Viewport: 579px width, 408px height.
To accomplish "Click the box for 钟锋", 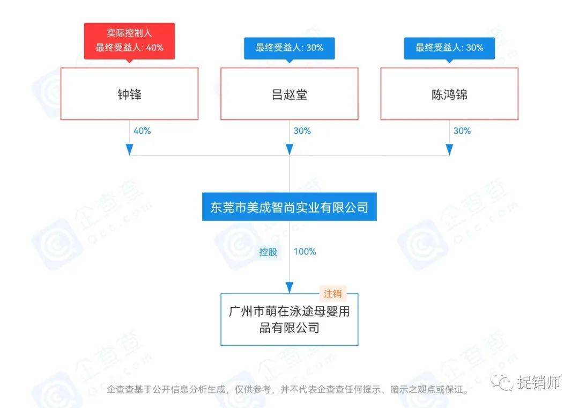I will (x=129, y=94).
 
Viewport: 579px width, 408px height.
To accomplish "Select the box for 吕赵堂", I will (x=289, y=94).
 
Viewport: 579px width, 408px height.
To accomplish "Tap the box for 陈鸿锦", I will (x=449, y=94).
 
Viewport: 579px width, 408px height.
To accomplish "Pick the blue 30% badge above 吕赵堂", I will (x=289, y=48).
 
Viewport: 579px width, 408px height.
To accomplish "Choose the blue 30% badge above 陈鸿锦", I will (x=449, y=48).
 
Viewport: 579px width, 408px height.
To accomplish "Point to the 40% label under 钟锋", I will (x=142, y=131).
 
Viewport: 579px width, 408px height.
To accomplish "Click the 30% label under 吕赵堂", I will (x=302, y=131).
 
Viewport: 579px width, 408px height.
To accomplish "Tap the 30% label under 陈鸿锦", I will (x=462, y=131).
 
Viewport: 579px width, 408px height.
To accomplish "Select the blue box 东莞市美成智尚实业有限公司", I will (x=289, y=207).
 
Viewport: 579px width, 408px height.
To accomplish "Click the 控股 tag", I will (x=268, y=252).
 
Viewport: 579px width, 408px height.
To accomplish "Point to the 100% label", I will (x=305, y=251).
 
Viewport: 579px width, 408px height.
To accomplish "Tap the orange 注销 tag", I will (x=332, y=294).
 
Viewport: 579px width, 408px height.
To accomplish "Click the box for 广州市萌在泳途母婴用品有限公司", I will (x=289, y=319).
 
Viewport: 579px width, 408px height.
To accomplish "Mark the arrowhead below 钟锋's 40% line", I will (x=129, y=149).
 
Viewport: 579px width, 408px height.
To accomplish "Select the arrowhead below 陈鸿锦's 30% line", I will (x=449, y=149).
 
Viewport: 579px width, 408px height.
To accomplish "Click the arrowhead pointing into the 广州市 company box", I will (x=289, y=287).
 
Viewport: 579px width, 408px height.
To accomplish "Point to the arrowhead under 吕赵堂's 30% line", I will (x=289, y=149).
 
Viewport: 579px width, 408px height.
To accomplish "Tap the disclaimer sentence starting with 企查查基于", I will (x=288, y=389).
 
